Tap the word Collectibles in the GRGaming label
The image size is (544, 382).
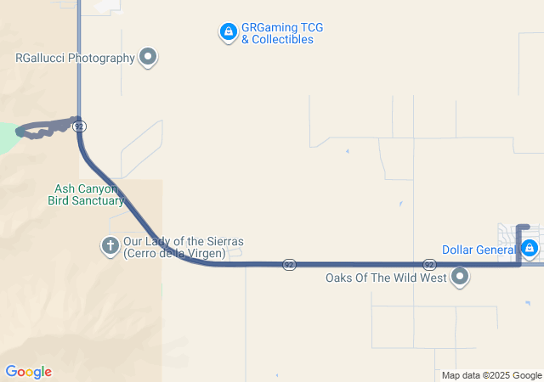[277, 40]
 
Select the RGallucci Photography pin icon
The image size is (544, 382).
[149, 57]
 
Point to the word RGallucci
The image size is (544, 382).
[42, 59]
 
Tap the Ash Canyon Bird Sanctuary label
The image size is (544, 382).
[86, 194]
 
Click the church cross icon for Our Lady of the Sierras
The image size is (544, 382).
[110, 246]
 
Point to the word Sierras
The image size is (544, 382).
[224, 242]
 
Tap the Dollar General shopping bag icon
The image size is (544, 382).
[530, 249]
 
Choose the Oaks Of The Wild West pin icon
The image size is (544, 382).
[461, 277]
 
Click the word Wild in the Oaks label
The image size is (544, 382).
[412, 278]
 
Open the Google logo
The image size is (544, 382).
[28, 372]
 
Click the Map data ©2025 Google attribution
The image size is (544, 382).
[491, 375]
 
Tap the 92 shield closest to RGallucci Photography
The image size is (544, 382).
[78, 126]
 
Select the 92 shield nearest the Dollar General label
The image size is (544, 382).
[429, 265]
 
